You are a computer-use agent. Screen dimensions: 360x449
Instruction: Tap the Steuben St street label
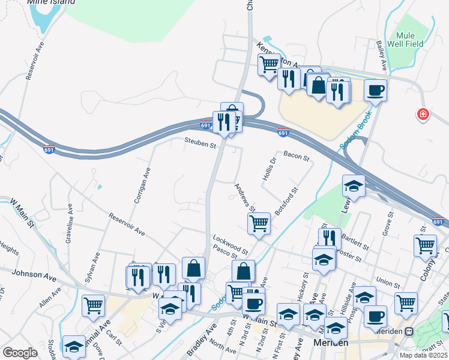point(200,144)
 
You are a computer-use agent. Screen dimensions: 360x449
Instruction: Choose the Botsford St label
point(286,203)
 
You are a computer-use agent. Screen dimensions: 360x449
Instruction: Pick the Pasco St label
point(222,255)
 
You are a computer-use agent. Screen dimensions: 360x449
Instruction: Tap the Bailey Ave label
point(380,55)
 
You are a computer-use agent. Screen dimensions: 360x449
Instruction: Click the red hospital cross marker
point(424,113)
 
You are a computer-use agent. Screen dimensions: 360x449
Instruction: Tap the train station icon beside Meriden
point(409,331)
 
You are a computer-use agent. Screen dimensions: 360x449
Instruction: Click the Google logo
point(20,353)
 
